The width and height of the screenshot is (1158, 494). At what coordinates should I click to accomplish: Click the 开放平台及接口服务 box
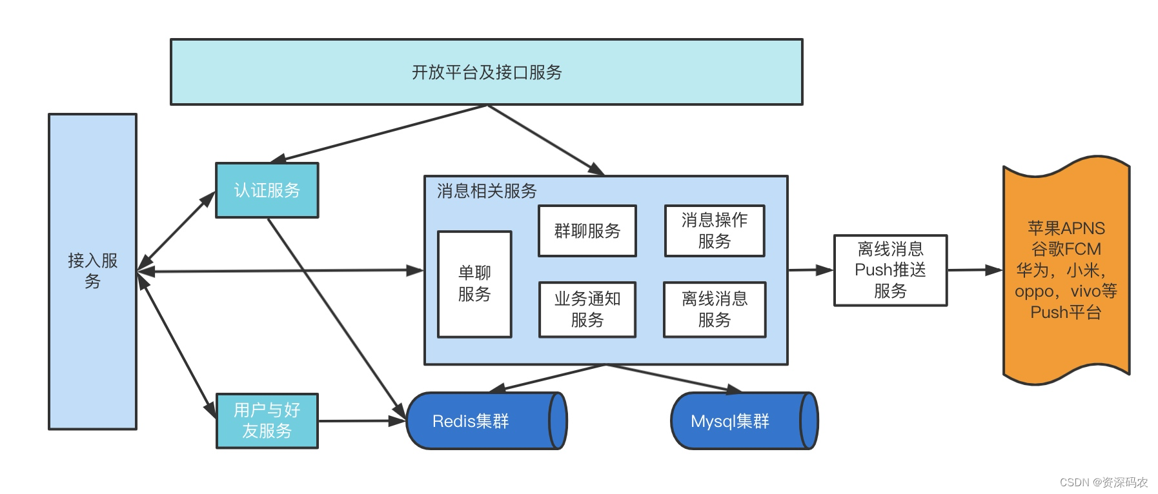click(x=486, y=72)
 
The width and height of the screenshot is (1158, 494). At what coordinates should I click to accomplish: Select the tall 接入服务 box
click(x=92, y=272)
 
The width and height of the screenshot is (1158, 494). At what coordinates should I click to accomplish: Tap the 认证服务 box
click(x=267, y=190)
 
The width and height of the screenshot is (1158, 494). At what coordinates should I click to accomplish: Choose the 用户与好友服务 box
click(x=267, y=420)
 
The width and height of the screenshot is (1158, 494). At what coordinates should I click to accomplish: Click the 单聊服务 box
click(x=474, y=284)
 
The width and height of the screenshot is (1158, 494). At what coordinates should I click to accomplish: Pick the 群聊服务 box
click(x=587, y=231)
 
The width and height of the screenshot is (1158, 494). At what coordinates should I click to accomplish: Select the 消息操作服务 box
click(x=715, y=231)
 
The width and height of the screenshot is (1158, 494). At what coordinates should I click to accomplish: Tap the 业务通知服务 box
click(x=587, y=310)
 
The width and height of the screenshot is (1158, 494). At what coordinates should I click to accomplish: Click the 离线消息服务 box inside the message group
click(x=715, y=310)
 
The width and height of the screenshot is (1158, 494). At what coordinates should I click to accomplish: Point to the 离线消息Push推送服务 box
click(x=890, y=270)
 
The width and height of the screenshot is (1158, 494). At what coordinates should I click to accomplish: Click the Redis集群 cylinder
click(x=487, y=420)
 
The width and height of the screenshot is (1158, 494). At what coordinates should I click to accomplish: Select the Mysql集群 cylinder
click(x=744, y=420)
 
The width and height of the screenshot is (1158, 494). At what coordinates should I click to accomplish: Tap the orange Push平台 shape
click(x=1066, y=270)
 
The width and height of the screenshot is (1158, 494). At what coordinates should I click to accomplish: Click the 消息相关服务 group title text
click(x=487, y=191)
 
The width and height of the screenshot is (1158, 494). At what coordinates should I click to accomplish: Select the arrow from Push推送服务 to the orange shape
click(x=975, y=270)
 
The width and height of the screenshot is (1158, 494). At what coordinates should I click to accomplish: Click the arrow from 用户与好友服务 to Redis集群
click(x=362, y=421)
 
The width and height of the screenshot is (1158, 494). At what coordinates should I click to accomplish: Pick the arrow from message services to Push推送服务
click(x=811, y=270)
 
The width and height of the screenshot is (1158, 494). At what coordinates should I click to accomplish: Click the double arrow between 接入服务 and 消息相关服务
click(x=281, y=271)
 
